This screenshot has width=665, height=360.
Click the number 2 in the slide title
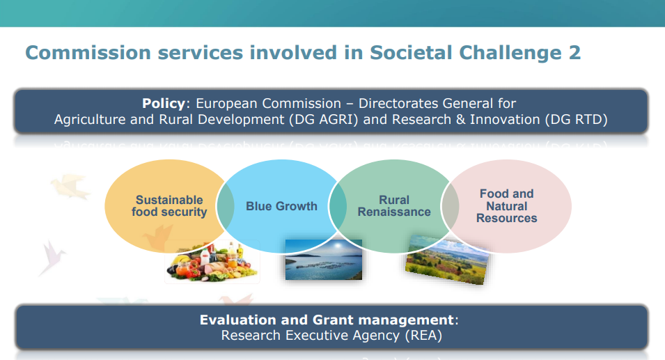point(574,53)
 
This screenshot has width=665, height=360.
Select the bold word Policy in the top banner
point(164,104)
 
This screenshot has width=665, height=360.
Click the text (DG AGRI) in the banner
point(324,120)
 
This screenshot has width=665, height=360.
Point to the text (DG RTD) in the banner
point(577,120)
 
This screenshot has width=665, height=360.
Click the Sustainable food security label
point(169,205)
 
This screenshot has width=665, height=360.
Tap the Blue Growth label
point(281,206)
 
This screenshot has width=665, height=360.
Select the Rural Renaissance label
point(394,205)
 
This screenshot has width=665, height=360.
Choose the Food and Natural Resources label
point(507,205)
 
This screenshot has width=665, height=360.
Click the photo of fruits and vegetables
point(212,262)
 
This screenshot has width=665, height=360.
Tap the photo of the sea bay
point(324,260)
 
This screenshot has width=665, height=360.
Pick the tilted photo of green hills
point(446,259)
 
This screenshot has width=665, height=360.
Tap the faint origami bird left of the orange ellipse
point(70,186)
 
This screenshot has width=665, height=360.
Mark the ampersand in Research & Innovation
point(460,120)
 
